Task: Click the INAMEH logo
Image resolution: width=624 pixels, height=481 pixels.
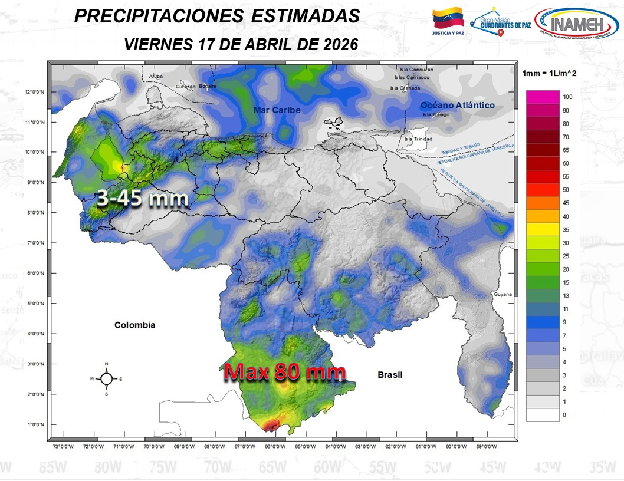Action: coord(576,24)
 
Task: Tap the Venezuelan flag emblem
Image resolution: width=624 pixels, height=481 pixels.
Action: coord(448,19)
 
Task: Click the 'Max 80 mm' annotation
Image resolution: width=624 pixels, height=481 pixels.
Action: coord(284,373)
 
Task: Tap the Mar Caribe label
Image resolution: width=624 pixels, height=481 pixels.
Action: coord(277,110)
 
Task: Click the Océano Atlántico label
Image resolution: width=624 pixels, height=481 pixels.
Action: coord(457,106)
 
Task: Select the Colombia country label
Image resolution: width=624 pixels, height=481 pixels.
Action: coord(135,325)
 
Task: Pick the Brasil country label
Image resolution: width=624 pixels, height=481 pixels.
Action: coord(390,374)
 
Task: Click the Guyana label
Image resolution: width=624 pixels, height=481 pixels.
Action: coord(503,294)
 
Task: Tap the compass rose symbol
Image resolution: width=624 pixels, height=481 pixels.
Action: coord(106,379)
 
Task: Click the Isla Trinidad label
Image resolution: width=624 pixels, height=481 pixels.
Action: coord(418,139)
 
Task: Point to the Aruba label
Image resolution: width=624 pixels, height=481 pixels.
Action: coord(156,77)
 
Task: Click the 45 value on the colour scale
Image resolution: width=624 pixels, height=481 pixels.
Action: coord(566,203)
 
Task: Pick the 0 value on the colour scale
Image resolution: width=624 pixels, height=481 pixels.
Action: coord(564,415)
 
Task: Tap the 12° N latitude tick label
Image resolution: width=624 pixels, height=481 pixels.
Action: coord(33,92)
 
